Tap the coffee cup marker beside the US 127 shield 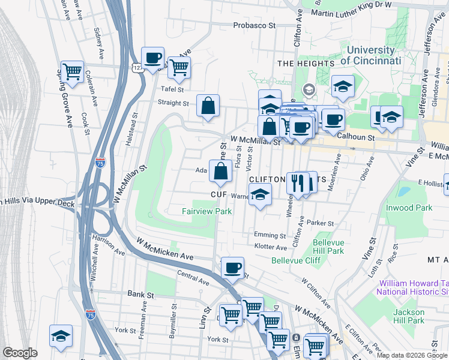coord(152,58)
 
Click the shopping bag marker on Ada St coord(221,171)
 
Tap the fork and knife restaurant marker coord(297,182)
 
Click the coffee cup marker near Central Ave coord(232,268)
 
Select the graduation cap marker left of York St coord(61,336)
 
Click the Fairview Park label coord(206,211)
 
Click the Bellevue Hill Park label coord(328,247)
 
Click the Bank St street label coord(142,295)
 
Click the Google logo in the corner coord(20,353)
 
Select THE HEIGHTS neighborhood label coord(306,64)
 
